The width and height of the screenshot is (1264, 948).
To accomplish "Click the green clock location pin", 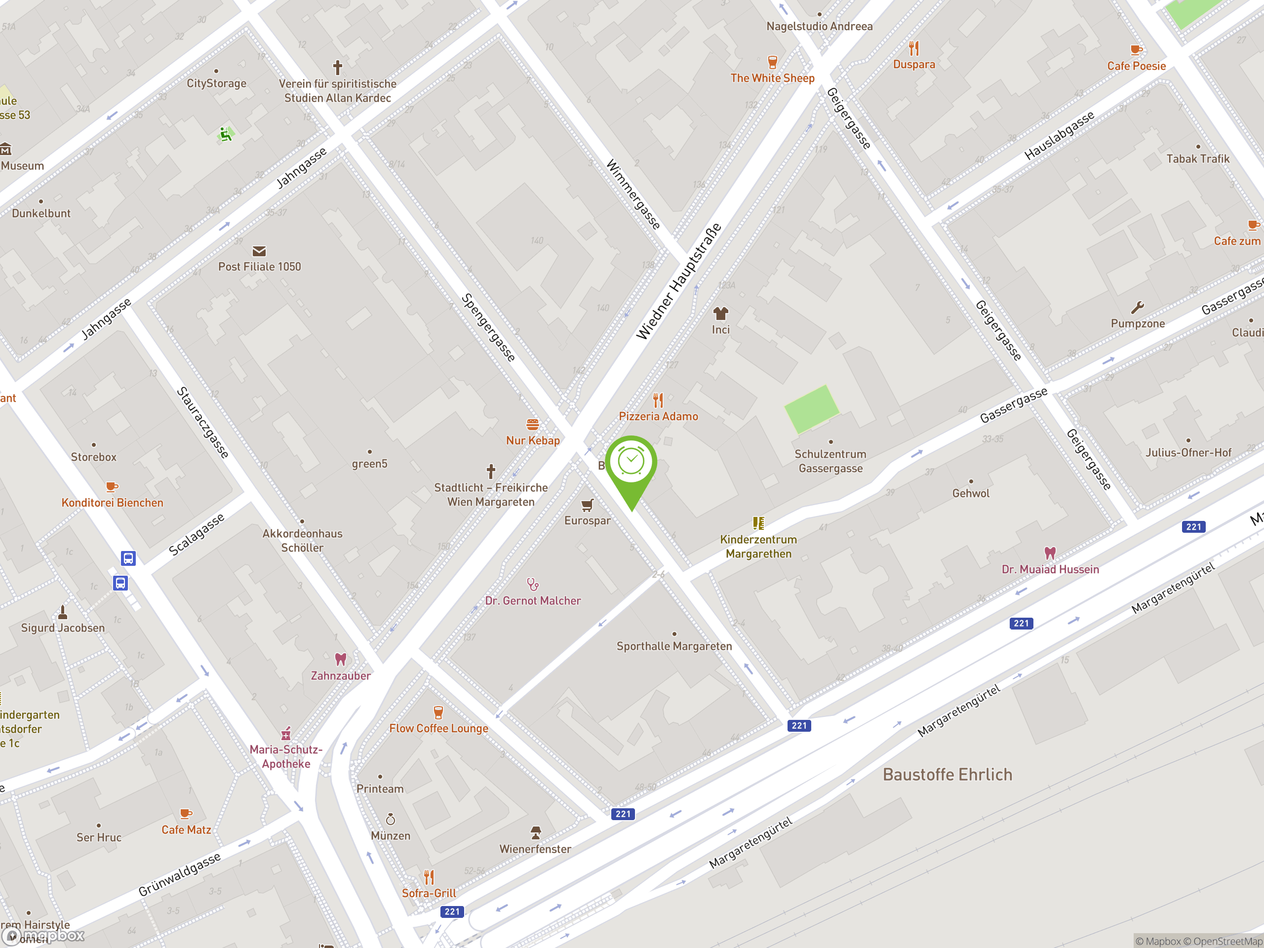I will (631, 463).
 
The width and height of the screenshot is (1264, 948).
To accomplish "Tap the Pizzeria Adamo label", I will (658, 417).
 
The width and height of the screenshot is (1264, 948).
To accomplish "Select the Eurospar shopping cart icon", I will (587, 505).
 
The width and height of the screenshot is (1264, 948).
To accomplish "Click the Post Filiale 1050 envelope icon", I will (259, 251).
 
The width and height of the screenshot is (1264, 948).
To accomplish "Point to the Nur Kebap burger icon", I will (533, 425).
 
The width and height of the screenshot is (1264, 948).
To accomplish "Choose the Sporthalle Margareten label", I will (673, 646).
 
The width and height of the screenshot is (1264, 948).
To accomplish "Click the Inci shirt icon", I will (720, 313).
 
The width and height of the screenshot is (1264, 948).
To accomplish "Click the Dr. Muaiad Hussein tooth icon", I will (1050, 553).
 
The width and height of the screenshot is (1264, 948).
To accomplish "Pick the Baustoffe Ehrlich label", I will (948, 775).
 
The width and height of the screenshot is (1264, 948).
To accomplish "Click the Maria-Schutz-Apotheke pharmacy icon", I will (286, 734).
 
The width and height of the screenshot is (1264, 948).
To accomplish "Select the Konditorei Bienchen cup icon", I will (112, 487).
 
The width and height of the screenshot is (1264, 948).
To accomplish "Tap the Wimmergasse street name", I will (633, 194).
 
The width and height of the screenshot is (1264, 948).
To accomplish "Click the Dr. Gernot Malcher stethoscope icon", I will (533, 584).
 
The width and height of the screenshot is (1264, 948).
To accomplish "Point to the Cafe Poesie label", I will (1136, 66).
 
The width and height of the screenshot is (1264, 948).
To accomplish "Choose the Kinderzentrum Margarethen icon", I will (758, 523).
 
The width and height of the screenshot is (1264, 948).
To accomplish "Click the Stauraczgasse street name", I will (203, 422).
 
